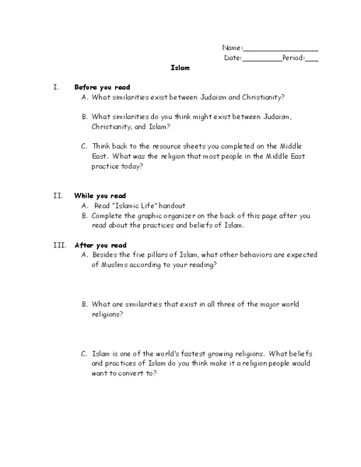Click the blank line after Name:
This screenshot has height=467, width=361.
pyautogui.click(x=282, y=50)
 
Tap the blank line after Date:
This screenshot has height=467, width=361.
pyautogui.click(x=262, y=60)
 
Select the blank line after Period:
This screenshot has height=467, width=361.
pyautogui.click(x=312, y=60)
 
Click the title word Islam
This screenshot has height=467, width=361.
pyautogui.click(x=180, y=68)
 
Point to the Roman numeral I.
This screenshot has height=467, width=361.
pyautogui.click(x=56, y=86)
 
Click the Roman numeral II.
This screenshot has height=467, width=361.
pyautogui.click(x=58, y=195)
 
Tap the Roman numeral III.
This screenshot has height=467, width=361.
pyautogui.click(x=59, y=244)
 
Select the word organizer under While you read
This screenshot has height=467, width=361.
pyautogui.click(x=195, y=215)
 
